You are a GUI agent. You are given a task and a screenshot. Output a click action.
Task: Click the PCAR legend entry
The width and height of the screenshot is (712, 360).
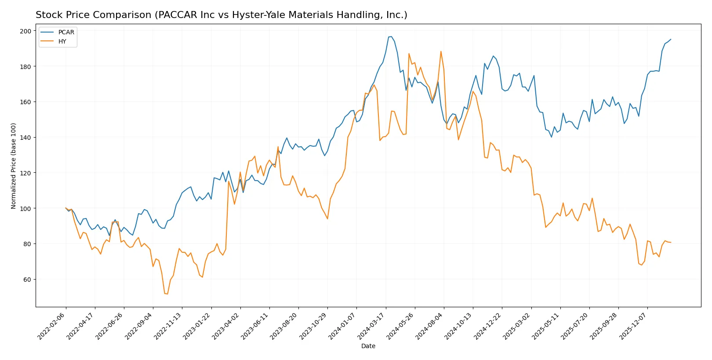tap(66, 32)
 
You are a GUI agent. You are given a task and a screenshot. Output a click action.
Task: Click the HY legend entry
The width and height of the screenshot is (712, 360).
tap(62, 41)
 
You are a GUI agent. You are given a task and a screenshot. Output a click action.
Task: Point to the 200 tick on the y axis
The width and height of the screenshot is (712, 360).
tap(25, 31)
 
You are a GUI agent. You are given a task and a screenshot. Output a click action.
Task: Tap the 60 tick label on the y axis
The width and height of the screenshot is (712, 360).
tap(27, 280)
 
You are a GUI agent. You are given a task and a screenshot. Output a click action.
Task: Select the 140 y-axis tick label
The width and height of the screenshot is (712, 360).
tap(25, 138)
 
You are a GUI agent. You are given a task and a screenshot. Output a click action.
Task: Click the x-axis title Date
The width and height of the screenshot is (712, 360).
tap(368, 346)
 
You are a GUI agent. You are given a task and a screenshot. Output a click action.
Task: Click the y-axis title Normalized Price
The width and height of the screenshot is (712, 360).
tap(14, 166)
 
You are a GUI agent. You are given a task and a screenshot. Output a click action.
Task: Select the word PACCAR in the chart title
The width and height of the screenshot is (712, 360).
tap(173, 15)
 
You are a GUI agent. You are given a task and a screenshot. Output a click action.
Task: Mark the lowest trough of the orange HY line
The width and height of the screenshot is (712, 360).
tap(167, 294)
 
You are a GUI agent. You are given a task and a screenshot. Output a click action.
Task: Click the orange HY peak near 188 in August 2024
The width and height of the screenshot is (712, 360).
tap(441, 51)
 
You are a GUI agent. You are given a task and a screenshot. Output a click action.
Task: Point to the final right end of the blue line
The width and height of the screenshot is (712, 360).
tap(671, 39)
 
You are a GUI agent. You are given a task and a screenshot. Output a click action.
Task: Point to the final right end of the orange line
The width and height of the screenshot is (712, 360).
tap(671, 242)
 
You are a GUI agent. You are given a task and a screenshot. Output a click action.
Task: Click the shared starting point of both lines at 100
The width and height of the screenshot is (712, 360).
tap(66, 208)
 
